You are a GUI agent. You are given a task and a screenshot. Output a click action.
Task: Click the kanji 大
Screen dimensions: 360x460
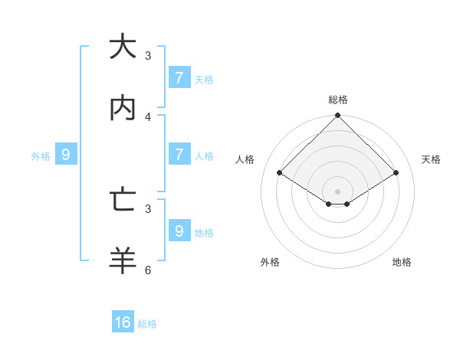click(123, 47)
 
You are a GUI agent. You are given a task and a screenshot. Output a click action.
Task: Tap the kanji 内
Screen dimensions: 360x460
click(123, 108)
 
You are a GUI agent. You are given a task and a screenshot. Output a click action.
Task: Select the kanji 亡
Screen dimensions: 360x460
click(123, 200)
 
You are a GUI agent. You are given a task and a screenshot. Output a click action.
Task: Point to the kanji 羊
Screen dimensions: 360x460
click(123, 260)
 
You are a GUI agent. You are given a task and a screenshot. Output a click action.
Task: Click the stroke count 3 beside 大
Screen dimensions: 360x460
click(148, 56)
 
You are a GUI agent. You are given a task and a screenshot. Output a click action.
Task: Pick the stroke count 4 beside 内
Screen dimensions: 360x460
click(148, 116)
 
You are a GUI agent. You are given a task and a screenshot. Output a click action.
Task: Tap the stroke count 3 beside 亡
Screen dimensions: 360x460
click(148, 208)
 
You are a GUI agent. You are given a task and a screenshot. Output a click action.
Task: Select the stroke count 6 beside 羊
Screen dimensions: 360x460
click(148, 270)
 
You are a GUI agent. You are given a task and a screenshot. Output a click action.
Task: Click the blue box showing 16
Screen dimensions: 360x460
click(123, 322)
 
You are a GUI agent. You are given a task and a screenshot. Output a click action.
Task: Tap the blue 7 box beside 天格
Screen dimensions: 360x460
click(179, 77)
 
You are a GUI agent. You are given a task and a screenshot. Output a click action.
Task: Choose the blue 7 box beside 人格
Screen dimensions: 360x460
click(179, 154)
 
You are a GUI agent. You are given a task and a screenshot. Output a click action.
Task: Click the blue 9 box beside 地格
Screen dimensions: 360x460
click(179, 230)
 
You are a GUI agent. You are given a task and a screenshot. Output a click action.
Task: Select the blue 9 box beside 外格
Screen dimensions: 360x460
click(66, 154)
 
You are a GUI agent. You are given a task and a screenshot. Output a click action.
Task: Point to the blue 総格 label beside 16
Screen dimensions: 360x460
click(147, 324)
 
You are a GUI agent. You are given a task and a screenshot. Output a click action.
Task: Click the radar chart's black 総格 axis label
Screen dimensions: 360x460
click(338, 100)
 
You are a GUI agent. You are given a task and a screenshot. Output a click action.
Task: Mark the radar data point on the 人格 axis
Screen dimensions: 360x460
click(280, 173)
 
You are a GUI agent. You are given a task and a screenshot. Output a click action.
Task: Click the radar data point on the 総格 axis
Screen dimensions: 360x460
click(338, 116)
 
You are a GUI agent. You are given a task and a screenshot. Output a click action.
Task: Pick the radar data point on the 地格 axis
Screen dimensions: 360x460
click(347, 204)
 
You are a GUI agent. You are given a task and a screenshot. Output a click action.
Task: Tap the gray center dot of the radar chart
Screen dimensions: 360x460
click(338, 191)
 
